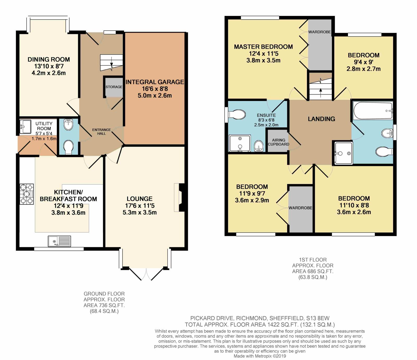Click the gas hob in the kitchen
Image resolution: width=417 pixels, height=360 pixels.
27,194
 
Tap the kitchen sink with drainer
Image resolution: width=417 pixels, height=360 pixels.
59,241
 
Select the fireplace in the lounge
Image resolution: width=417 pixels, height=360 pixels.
180,197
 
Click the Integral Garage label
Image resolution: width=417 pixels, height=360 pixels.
155,82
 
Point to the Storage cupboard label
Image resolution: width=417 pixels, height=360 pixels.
114,87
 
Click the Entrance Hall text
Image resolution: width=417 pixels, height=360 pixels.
101,131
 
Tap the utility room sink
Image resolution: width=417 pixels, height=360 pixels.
25,127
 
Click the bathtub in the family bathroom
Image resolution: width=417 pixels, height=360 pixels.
373,111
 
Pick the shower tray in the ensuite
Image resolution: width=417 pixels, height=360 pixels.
240,143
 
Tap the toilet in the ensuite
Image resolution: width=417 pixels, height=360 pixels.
237,115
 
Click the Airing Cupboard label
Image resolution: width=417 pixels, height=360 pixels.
279,142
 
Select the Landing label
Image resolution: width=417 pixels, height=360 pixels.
321,119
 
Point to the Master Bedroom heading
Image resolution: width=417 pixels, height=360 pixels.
263,47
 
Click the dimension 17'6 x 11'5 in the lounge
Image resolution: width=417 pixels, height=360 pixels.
140,206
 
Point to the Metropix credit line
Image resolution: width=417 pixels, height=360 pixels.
260,356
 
